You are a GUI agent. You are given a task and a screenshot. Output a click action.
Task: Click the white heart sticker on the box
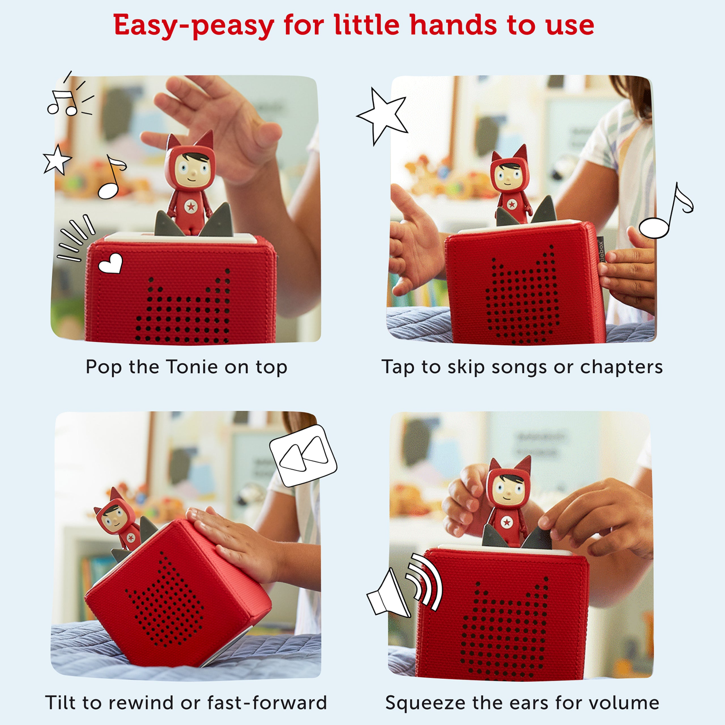pos(111,263)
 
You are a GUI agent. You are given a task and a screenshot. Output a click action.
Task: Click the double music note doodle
pos(69,94)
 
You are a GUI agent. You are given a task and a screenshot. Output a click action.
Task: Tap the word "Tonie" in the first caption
pos(192,367)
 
